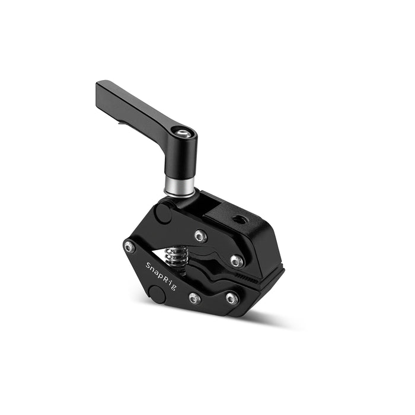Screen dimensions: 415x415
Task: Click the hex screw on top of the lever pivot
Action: tap(183, 133)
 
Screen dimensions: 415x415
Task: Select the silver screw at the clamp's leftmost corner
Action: tap(130, 247)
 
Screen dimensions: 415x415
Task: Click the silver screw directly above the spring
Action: tap(200, 236)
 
